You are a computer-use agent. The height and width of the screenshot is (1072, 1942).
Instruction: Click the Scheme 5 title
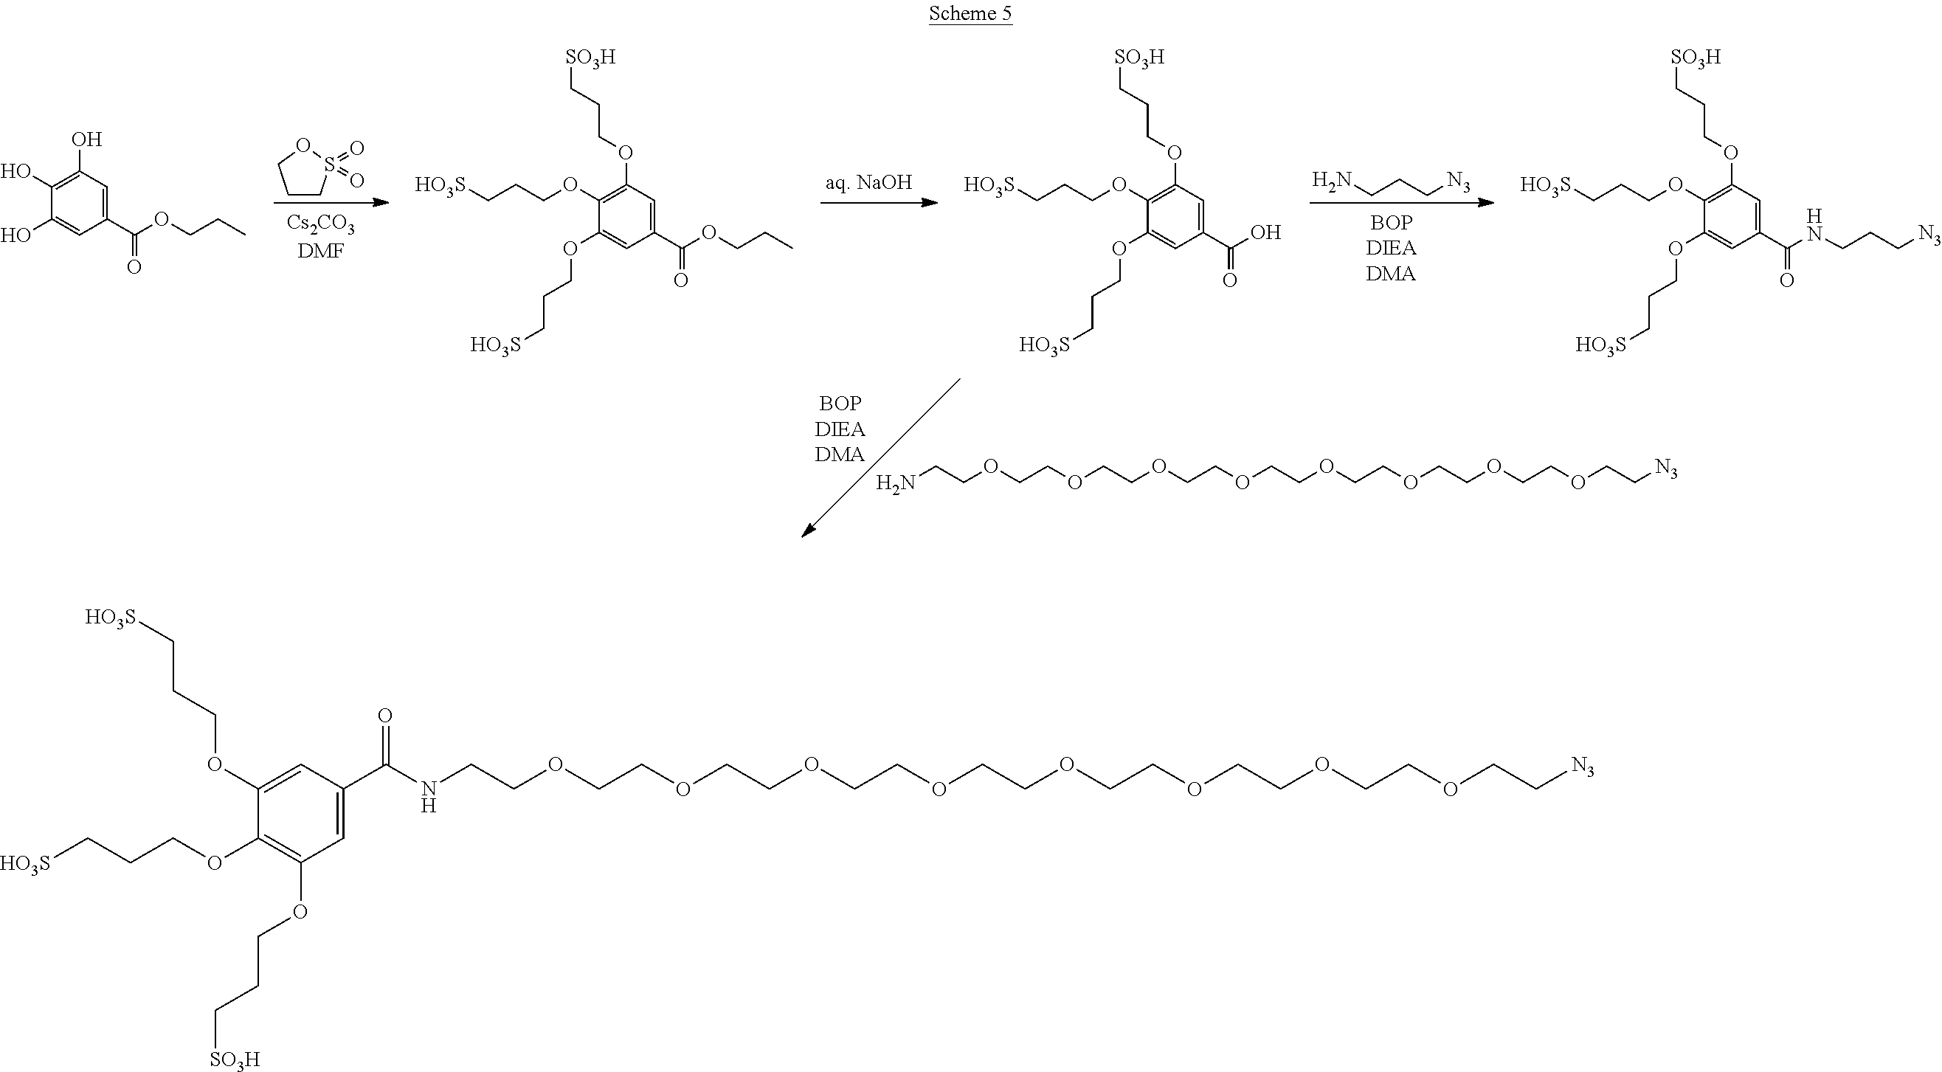970,13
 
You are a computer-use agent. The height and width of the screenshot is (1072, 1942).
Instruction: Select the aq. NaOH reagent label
868,182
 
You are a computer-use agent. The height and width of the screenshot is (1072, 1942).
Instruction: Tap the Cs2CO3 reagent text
320,224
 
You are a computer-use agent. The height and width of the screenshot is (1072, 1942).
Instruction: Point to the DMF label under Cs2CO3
320,250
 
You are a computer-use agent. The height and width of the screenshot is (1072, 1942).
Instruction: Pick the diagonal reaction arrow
880,457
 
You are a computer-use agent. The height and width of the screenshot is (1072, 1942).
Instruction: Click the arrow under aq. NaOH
879,203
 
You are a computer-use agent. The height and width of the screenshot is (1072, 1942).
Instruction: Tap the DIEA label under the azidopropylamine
1391,248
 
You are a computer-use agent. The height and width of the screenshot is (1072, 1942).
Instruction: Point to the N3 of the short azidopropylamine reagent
1458,182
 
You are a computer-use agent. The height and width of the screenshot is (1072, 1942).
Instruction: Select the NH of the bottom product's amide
428,797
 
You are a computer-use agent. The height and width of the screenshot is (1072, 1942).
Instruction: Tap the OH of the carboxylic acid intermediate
1266,232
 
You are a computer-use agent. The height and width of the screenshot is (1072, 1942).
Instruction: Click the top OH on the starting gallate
87,139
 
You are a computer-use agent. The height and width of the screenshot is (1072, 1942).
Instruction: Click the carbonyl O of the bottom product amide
385,716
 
